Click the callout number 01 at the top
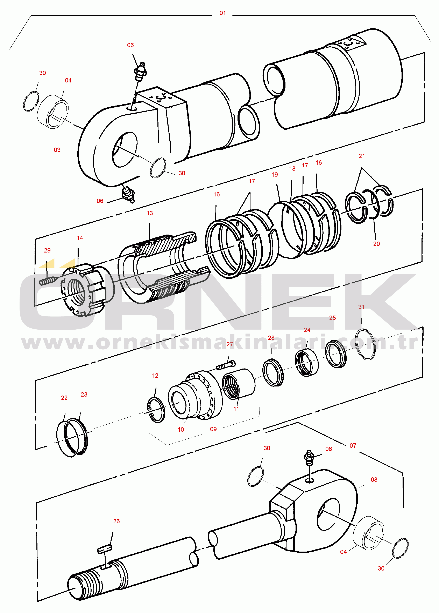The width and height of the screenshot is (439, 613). click(223, 13)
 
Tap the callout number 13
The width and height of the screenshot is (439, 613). click(149, 213)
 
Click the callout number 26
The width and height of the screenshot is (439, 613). click(116, 521)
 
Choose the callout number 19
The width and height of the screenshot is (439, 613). click(275, 175)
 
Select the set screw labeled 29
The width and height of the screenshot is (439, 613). click(48, 281)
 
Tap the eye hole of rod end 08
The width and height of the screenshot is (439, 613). click(329, 515)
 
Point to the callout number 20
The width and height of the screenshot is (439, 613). click(376, 244)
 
